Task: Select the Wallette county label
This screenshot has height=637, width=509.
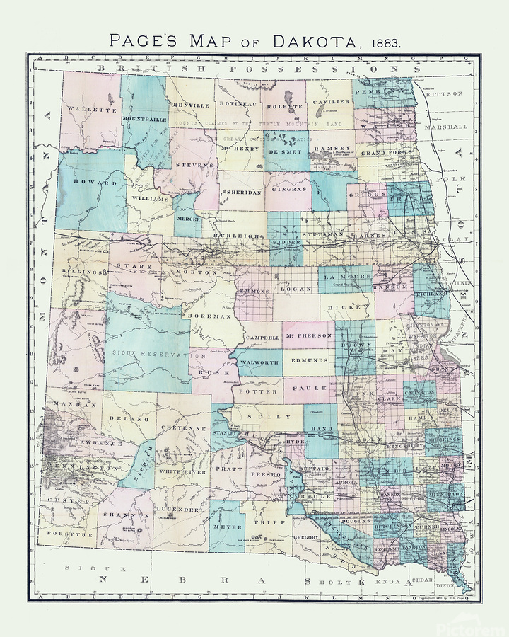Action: [91, 110]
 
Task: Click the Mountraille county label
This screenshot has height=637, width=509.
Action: [144, 118]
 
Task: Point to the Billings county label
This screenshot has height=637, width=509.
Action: [77, 271]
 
